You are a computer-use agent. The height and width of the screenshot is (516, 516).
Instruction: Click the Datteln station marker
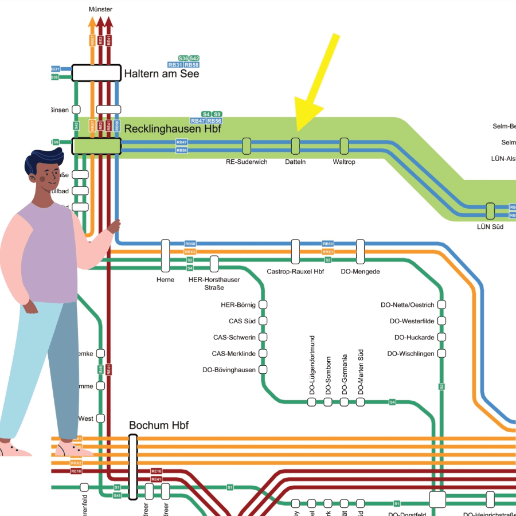click(295, 146)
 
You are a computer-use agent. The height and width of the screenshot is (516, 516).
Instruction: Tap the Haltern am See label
click(162, 73)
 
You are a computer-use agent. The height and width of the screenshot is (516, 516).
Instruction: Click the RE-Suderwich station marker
click(247, 146)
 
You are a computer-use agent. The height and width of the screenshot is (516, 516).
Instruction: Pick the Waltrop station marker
click(344, 146)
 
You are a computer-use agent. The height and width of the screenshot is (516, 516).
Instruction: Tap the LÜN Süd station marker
click(490, 211)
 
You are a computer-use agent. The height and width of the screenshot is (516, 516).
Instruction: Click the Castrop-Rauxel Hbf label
click(295, 271)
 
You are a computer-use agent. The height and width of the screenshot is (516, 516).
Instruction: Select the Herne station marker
click(165, 256)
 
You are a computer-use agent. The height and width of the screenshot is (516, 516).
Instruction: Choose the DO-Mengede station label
click(360, 271)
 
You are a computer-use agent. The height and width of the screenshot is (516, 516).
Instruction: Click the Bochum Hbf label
click(159, 425)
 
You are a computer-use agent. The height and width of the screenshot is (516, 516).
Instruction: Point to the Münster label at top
click(101, 10)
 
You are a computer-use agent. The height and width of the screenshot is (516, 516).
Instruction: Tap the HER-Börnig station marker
click(264, 304)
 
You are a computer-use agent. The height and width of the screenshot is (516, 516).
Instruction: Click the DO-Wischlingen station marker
click(441, 354)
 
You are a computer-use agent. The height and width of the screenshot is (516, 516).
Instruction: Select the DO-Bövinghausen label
click(229, 370)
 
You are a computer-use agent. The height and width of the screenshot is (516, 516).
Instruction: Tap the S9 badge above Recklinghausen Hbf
click(217, 114)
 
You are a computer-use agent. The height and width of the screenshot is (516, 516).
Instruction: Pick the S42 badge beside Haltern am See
click(194, 58)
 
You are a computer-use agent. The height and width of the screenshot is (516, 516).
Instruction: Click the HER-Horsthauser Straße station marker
click(214, 264)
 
